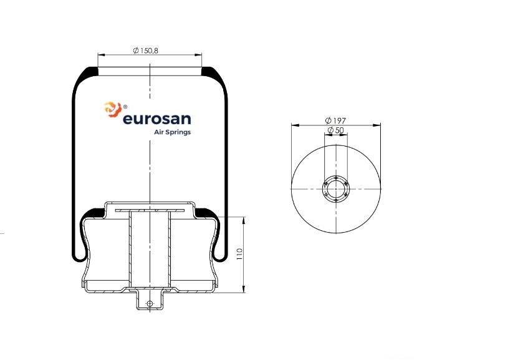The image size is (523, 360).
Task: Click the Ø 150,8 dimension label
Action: (x=145, y=51)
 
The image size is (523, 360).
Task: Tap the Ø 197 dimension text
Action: (x=335, y=120)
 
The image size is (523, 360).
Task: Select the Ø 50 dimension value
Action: (x=335, y=130)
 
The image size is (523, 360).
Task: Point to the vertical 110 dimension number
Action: (x=239, y=255)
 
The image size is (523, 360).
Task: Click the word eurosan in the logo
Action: (x=156, y=119)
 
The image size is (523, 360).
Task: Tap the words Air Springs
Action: (x=172, y=132)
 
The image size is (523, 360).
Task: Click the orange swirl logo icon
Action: (x=113, y=110)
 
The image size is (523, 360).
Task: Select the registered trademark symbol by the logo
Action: (x=125, y=107)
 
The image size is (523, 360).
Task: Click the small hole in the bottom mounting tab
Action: (x=150, y=304)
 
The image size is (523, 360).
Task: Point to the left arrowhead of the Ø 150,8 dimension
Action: (x=100, y=54)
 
